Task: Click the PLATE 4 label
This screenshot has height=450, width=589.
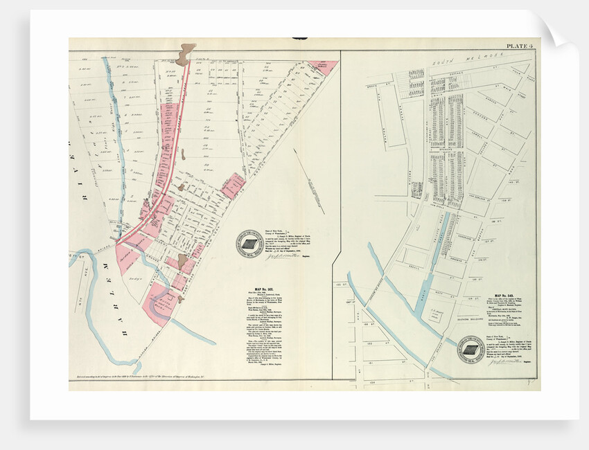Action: coord(519,46)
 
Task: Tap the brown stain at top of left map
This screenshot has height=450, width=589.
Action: coord(185,54)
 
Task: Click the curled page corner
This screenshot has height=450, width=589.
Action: coord(554,28)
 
